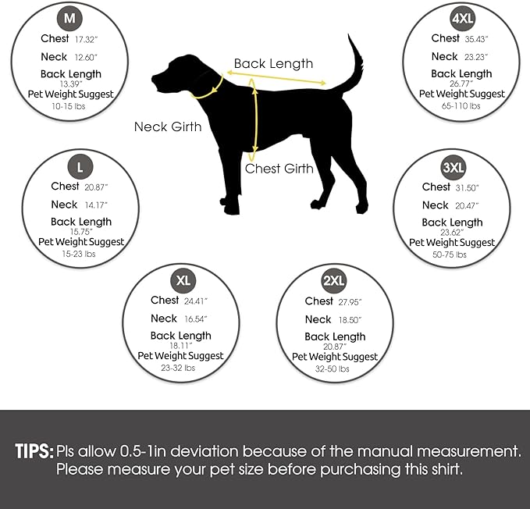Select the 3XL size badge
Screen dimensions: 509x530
click(x=451, y=166)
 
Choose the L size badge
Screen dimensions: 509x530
click(x=80, y=166)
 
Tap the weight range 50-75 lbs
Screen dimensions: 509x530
click(x=451, y=255)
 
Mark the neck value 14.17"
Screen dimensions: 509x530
click(x=96, y=205)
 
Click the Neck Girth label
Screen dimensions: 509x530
click(x=167, y=126)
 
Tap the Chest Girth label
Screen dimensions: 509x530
click(x=279, y=169)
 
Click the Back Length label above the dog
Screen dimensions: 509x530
click(x=273, y=64)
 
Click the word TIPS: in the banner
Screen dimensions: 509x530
click(x=34, y=451)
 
